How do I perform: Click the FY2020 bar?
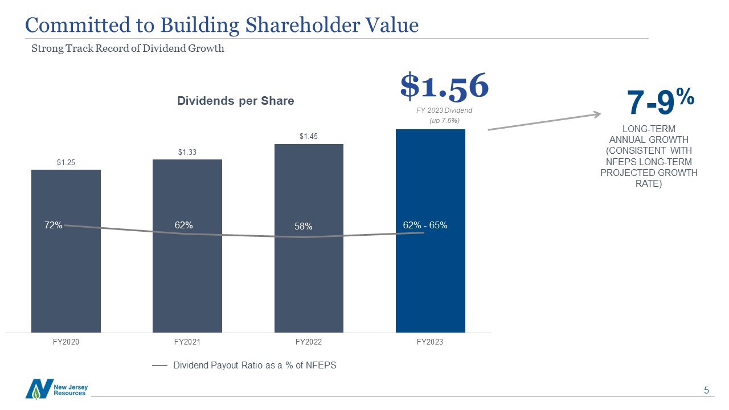pyautogui.click(x=66, y=273)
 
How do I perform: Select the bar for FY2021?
pyautogui.click(x=187, y=273)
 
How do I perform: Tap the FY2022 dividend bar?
pyautogui.click(x=309, y=273)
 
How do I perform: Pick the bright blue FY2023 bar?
pyautogui.click(x=431, y=273)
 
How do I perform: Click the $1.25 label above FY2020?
pyautogui.click(x=66, y=163)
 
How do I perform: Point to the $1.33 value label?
pyautogui.click(x=187, y=152)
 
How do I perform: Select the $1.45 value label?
pyautogui.click(x=309, y=137)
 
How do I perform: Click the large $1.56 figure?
pyautogui.click(x=444, y=85)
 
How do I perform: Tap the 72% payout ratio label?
pyautogui.click(x=54, y=225)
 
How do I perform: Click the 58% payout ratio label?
pyautogui.click(x=304, y=227)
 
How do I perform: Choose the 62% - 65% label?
pyautogui.click(x=425, y=225)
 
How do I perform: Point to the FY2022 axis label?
pyautogui.click(x=309, y=342)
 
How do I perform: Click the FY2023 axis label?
pyautogui.click(x=430, y=342)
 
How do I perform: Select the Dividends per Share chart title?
pyautogui.click(x=236, y=101)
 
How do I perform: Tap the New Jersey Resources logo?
pyautogui.click(x=56, y=389)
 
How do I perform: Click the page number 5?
pyautogui.click(x=706, y=391)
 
